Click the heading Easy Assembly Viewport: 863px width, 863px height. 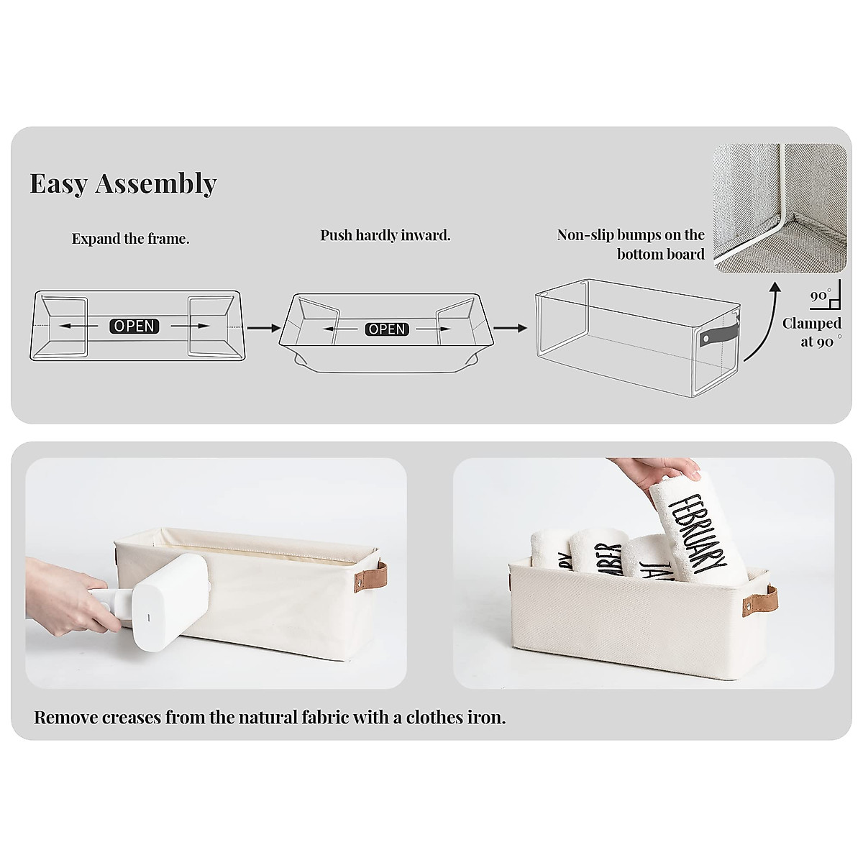(x=123, y=184)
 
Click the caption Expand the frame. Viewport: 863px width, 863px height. (x=130, y=239)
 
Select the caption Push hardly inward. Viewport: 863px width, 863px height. (x=385, y=235)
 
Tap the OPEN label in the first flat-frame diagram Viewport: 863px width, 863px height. (x=134, y=326)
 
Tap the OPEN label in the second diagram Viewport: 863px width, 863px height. (x=387, y=329)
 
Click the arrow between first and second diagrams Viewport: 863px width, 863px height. (x=263, y=328)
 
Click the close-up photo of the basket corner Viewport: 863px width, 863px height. (x=780, y=209)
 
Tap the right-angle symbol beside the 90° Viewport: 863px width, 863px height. (x=834, y=296)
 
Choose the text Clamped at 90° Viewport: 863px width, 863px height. (x=812, y=332)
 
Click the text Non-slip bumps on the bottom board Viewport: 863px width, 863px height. (x=631, y=245)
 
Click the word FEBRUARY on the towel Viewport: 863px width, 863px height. (x=697, y=532)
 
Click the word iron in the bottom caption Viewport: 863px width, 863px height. (x=488, y=717)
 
